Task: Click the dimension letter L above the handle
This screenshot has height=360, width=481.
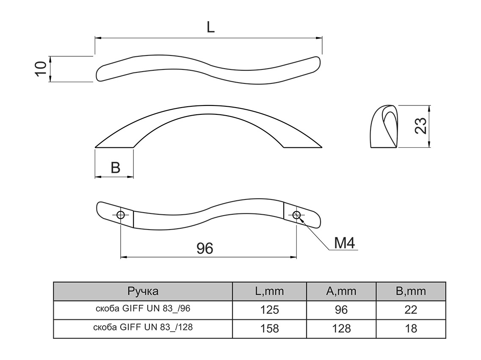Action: (x=211, y=27)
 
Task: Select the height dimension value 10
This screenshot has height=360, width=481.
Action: (x=41, y=69)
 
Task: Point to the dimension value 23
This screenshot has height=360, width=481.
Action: (x=420, y=126)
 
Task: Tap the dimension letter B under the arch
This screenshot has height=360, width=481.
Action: (x=115, y=168)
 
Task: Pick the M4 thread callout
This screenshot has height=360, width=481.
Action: (x=344, y=243)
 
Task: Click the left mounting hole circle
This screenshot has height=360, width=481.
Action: (x=121, y=215)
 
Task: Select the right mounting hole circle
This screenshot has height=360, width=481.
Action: (x=296, y=215)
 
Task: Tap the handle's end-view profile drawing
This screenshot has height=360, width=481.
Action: (x=384, y=127)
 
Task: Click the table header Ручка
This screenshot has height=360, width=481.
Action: (x=143, y=291)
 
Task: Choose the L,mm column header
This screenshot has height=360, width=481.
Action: (x=269, y=291)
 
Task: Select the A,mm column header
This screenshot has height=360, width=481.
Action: (x=341, y=291)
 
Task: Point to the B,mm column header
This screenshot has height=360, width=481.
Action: (x=411, y=291)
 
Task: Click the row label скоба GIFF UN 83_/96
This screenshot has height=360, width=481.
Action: (x=143, y=309)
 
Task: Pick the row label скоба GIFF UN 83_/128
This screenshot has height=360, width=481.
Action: (x=143, y=327)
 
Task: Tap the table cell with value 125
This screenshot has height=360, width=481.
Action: (x=270, y=310)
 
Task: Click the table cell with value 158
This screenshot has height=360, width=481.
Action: (x=270, y=328)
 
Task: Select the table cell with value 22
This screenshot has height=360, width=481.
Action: (x=411, y=310)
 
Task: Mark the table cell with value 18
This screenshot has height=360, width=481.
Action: (x=411, y=328)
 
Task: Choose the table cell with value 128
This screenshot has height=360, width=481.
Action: (x=341, y=328)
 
